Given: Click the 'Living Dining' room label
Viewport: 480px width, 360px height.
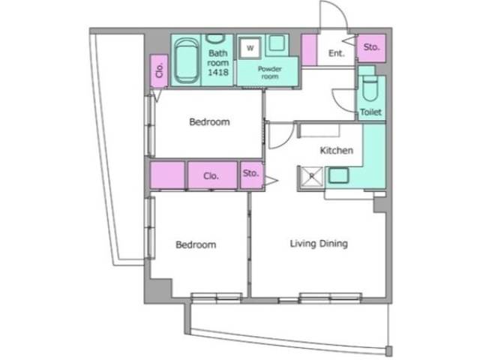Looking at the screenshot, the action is click(319, 244).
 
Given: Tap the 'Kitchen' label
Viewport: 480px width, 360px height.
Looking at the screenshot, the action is click(337, 150).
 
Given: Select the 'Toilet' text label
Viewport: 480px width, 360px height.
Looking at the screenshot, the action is click(370, 112).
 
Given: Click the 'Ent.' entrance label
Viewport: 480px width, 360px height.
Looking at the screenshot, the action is click(336, 53).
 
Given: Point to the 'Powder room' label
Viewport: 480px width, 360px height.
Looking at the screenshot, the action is click(270, 73).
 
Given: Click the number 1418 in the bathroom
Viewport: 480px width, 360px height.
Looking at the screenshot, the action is click(218, 72).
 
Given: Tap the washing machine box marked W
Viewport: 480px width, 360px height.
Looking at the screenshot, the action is click(250, 48).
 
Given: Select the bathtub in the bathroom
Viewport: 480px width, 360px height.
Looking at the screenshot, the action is click(185, 60).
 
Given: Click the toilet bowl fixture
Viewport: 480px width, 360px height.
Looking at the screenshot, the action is click(370, 88).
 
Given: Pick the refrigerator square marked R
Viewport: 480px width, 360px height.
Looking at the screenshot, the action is click(311, 176).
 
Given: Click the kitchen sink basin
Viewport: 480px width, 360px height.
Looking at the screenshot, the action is click(339, 175).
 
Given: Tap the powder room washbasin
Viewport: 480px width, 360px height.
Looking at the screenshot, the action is click(277, 43).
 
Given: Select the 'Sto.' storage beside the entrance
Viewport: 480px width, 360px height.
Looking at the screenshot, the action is click(371, 47).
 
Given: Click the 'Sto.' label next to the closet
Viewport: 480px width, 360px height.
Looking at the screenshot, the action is click(251, 173).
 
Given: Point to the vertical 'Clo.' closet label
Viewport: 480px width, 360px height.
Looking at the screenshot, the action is click(159, 70).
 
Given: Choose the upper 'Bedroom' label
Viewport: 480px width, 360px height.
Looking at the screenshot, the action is click(210, 121).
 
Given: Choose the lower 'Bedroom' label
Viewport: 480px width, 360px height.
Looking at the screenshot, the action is click(196, 244).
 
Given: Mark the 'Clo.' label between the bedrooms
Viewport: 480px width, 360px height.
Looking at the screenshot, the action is click(211, 176).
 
